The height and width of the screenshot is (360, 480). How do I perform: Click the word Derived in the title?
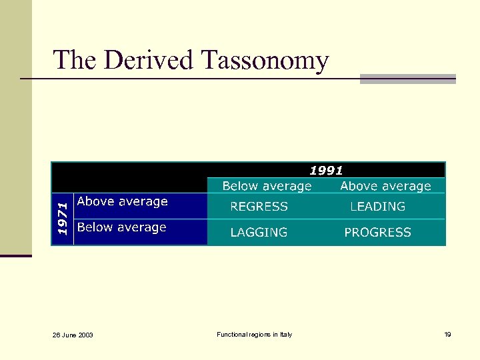click(149, 60)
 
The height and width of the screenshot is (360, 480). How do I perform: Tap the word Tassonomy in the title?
click(265, 61)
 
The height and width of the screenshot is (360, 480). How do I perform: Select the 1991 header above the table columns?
click(326, 171)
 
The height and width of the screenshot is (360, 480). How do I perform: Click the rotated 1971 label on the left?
click(62, 218)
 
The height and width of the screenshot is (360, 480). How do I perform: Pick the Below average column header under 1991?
click(267, 186)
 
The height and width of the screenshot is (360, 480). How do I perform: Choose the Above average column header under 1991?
click(385, 186)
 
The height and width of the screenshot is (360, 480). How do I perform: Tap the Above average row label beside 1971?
click(123, 201)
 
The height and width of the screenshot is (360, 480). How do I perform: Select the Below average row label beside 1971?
click(122, 227)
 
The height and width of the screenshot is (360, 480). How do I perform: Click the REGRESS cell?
click(259, 207)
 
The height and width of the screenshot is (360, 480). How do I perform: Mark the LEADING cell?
click(377, 207)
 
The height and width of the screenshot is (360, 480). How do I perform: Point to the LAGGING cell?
click(259, 233)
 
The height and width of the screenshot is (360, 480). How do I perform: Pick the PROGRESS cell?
click(377, 233)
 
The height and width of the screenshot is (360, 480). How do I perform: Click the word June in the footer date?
click(69, 335)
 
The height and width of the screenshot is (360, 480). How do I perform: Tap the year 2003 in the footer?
click(85, 335)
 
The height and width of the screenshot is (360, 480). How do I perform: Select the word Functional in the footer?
click(232, 334)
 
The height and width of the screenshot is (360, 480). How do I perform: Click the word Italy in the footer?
click(285, 334)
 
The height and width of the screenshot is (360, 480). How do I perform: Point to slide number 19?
click(447, 334)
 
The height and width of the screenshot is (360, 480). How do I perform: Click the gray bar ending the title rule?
click(407, 79)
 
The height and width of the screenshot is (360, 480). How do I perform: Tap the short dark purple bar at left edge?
click(15, 255)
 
